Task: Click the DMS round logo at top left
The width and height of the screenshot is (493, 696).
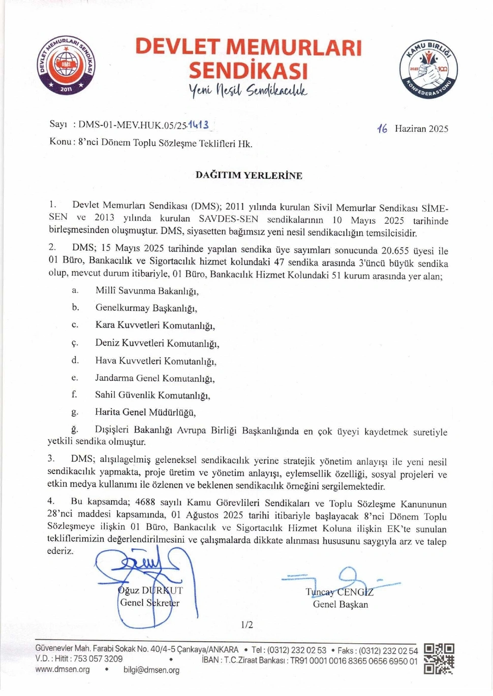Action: pyautogui.click(x=66, y=65)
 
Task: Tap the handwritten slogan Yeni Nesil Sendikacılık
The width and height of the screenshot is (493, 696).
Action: pyautogui.click(x=248, y=90)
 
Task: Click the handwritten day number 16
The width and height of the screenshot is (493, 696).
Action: pyautogui.click(x=382, y=129)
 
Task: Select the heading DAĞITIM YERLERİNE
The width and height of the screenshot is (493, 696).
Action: pyautogui.click(x=249, y=176)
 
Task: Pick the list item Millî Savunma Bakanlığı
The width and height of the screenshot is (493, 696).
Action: pyautogui.click(x=146, y=291)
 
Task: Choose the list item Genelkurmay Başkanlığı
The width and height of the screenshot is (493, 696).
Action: pyautogui.click(x=146, y=308)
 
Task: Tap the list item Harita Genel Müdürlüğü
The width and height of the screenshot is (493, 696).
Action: pyautogui.click(x=145, y=412)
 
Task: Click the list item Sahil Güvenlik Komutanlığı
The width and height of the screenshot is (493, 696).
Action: pyautogui.click(x=152, y=395)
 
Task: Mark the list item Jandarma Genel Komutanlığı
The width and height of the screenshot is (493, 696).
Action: pyautogui.click(x=155, y=378)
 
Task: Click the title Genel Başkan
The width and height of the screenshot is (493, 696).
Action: pyautogui.click(x=340, y=604)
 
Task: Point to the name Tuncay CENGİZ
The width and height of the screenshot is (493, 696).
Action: pyautogui.click(x=340, y=592)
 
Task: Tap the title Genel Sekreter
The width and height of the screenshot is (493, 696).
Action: pyautogui.click(x=149, y=603)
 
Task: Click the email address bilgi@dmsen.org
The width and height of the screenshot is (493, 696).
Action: pyautogui.click(x=151, y=670)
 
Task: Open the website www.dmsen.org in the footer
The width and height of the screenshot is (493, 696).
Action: pyautogui.click(x=63, y=670)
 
